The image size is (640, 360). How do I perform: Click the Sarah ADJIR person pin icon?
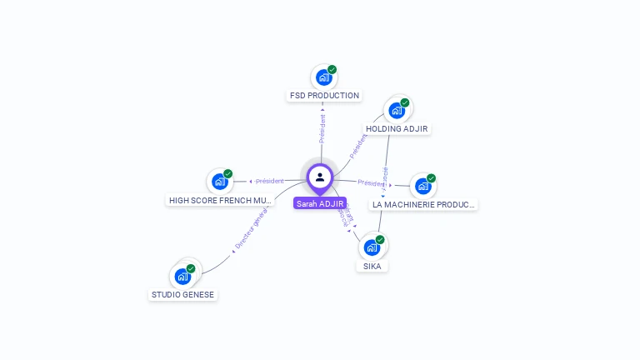click(320, 177)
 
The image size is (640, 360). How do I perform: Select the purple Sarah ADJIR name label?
click(320, 203)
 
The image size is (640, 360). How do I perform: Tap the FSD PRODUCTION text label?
click(324, 96)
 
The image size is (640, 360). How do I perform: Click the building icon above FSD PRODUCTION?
click(323, 77)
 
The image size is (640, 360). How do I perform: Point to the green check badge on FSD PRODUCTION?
click(332, 70)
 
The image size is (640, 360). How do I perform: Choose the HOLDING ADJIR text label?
click(397, 129)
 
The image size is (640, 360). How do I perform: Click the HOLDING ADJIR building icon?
click(397, 110)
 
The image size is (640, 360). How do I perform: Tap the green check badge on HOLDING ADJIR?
click(405, 102)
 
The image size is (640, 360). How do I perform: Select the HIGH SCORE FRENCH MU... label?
click(220, 201)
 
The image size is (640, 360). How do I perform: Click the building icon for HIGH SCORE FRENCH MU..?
click(219, 181)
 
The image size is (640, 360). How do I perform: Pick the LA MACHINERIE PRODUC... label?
click(423, 204)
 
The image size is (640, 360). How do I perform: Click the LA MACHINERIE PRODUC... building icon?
click(422, 186)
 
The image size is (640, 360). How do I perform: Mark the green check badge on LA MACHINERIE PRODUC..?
click(431, 178)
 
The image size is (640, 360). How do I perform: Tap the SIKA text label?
click(372, 267)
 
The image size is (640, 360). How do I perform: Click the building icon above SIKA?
click(372, 247)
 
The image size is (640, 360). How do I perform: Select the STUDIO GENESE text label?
click(182, 295)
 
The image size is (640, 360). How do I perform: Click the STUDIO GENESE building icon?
click(182, 276)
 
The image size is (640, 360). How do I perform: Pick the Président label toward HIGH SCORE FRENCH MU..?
click(270, 181)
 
